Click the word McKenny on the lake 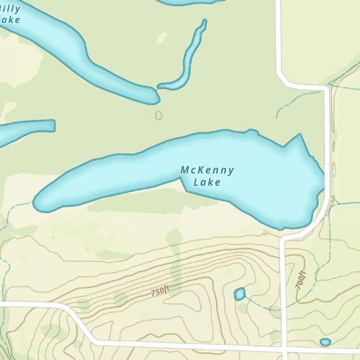pyautogui.click(x=207, y=171)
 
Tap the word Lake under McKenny pyautogui.click(x=207, y=182)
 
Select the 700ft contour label pyautogui.click(x=300, y=279)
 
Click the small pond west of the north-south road pyautogui.click(x=240, y=293)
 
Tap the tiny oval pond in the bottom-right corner pyautogui.click(x=325, y=341)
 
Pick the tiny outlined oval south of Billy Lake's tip pyautogui.click(x=158, y=114)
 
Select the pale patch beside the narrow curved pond pyautogui.click(x=161, y=37)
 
